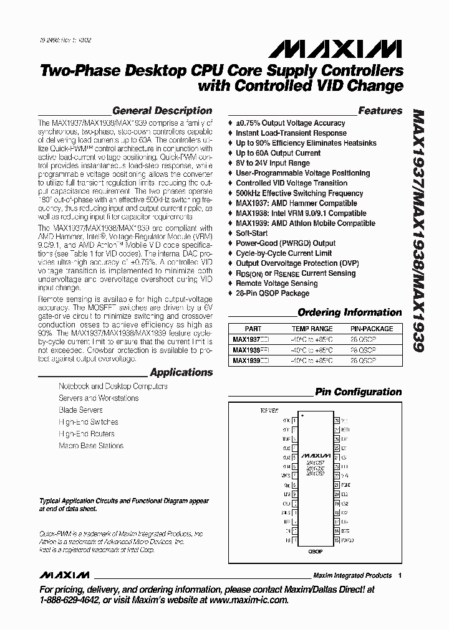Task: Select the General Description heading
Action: point(162,111)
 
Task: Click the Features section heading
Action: point(380,111)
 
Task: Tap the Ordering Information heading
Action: point(349,313)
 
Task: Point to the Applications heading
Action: point(181,372)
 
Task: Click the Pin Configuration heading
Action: point(358,392)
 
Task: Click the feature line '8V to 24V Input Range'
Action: point(273,163)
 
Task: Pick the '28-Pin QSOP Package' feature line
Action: point(272,293)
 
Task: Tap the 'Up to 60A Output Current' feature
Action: point(278,153)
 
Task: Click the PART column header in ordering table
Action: point(253,328)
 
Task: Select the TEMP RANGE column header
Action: point(312,328)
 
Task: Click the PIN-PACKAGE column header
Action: point(371,328)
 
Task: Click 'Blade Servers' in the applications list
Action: point(80,410)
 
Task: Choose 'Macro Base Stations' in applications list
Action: point(91,446)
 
